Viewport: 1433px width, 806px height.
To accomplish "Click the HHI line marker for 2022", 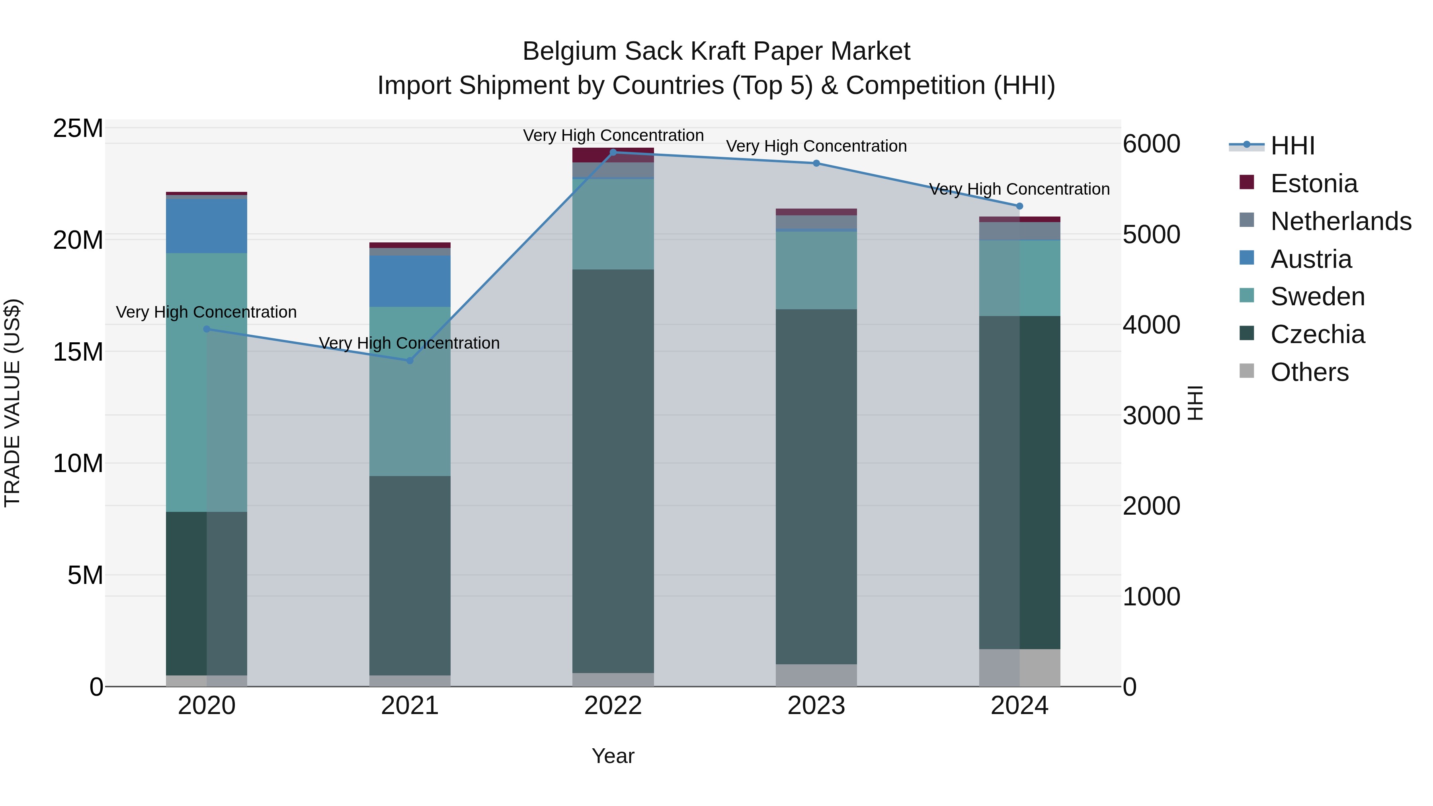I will point(613,152).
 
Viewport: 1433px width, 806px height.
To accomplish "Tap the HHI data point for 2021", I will point(410,361).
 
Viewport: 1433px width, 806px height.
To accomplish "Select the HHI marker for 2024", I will point(1019,206).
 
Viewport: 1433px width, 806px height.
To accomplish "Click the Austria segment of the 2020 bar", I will point(206,226).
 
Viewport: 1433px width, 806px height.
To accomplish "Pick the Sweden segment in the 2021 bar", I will point(410,391).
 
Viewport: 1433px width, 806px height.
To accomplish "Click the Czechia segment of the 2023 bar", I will point(816,487).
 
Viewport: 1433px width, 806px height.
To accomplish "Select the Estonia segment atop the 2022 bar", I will point(613,155).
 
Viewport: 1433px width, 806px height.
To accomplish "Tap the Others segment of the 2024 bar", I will point(1019,667).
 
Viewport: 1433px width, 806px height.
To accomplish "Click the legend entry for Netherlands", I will point(1341,221).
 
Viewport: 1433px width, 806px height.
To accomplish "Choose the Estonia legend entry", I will point(1314,183).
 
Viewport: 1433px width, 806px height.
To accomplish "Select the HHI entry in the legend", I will point(1292,146).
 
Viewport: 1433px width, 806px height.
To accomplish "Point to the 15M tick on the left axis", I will point(78,351).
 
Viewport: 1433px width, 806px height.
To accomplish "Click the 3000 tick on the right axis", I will point(1151,416).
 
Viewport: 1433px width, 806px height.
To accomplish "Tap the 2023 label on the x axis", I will point(816,706).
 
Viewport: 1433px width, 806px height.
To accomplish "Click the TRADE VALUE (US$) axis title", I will point(12,403).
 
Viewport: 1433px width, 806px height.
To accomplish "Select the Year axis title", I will point(613,756).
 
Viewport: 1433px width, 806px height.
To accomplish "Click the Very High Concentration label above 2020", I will point(206,312).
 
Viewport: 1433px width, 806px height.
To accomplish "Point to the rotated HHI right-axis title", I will point(1195,403).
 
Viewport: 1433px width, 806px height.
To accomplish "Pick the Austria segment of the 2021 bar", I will point(410,281).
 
